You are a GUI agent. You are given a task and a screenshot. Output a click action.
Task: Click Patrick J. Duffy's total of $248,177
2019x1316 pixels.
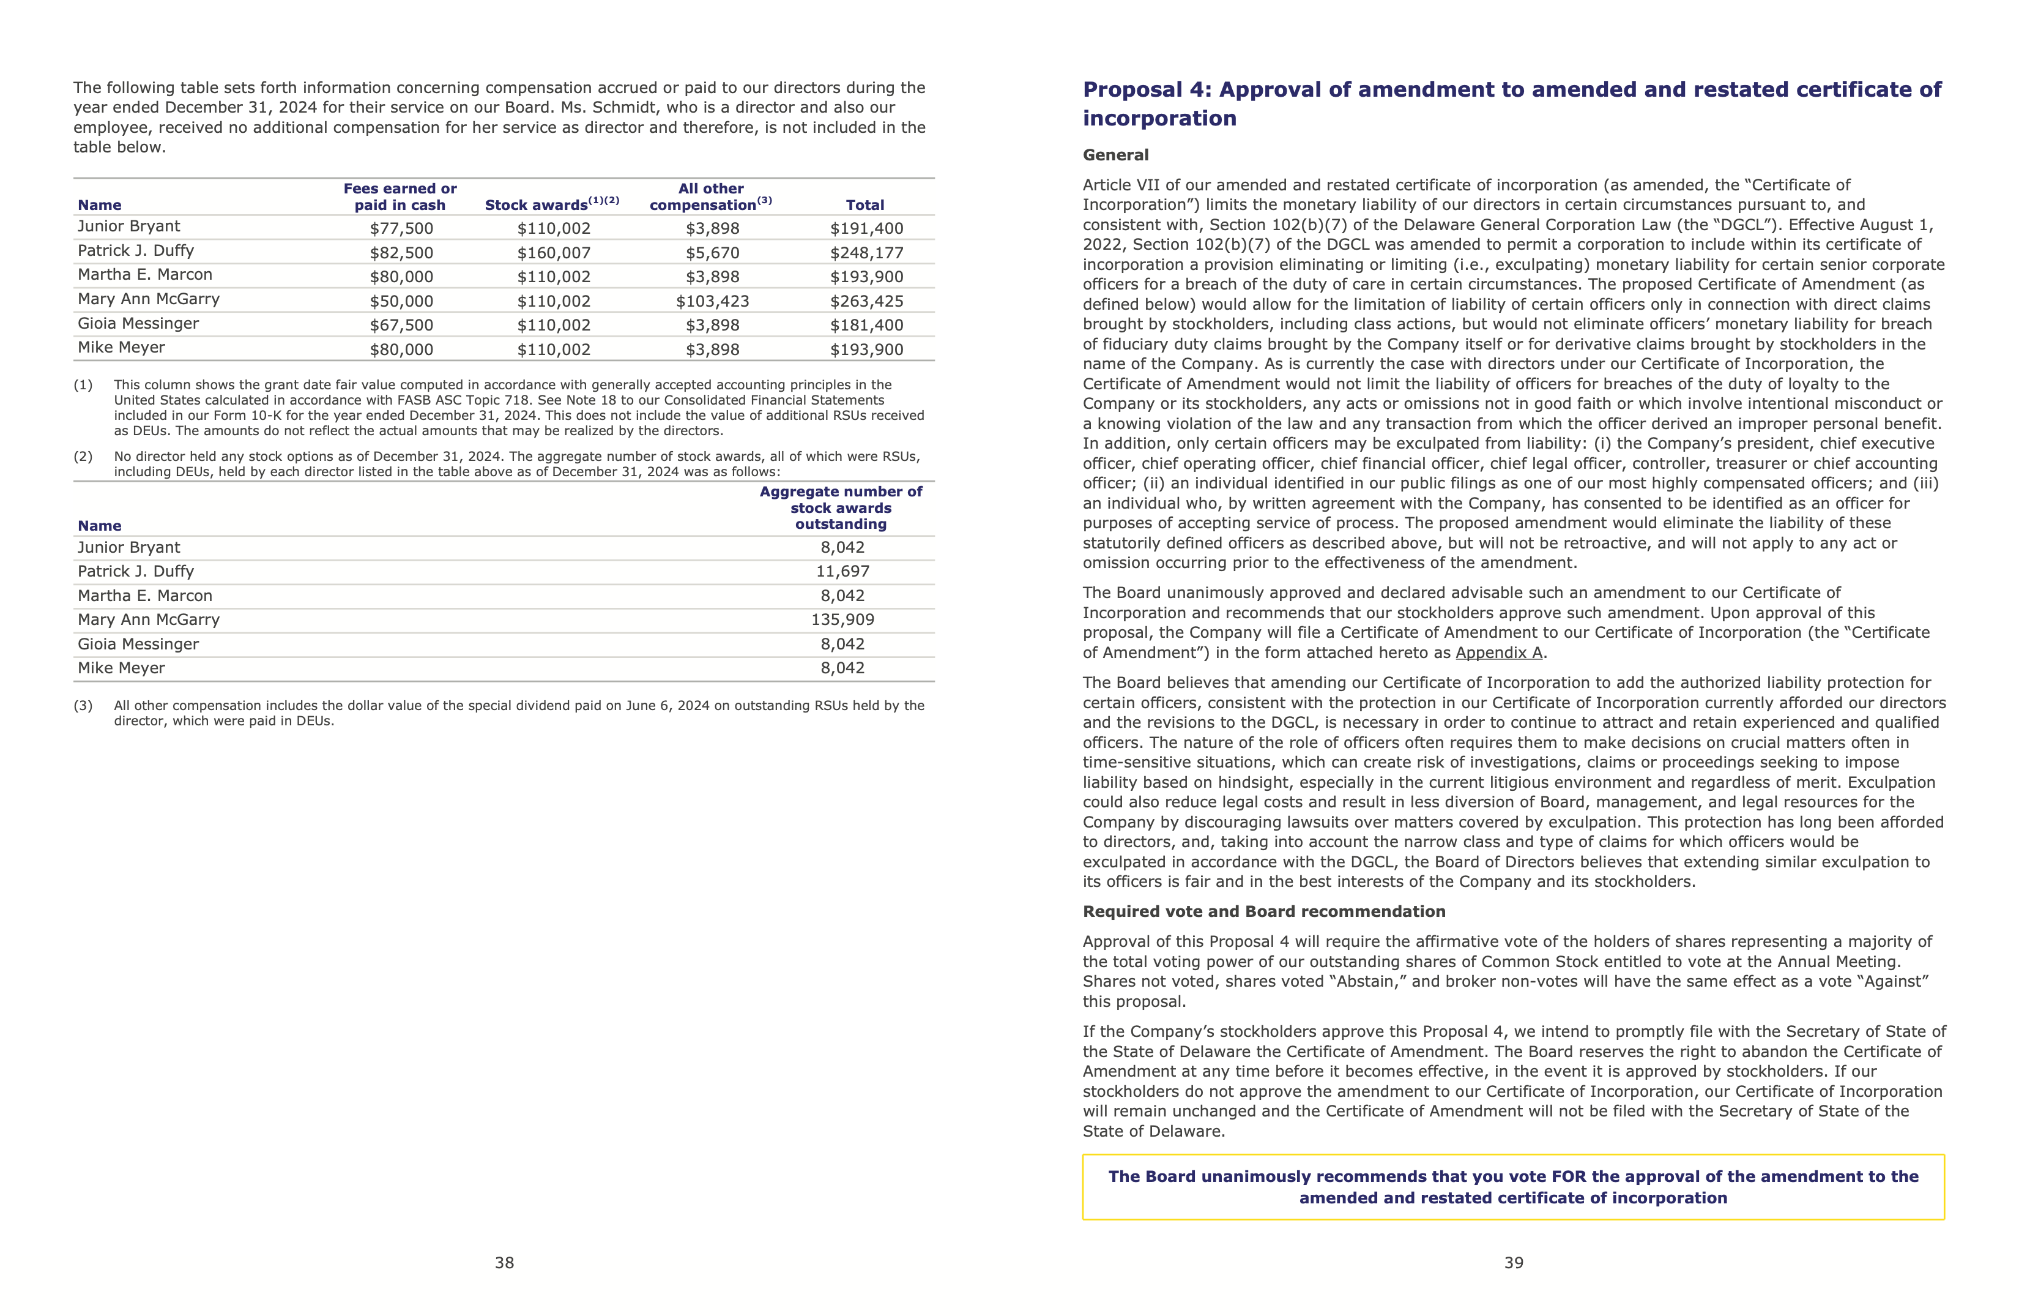click(866, 253)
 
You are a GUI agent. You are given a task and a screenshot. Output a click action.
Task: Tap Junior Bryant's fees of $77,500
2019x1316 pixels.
click(401, 228)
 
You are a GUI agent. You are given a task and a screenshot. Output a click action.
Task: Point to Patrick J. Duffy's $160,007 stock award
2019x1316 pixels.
click(553, 253)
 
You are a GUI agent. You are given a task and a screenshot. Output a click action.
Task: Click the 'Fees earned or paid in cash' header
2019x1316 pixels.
click(400, 197)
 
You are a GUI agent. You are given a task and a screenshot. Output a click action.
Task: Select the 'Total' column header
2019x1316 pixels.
click(864, 205)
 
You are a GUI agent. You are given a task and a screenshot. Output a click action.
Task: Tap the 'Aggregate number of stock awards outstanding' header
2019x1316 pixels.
click(840, 507)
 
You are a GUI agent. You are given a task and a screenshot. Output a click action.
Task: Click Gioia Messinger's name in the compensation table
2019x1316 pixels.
click(138, 323)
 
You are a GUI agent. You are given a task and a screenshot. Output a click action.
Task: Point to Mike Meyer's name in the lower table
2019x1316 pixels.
click(121, 668)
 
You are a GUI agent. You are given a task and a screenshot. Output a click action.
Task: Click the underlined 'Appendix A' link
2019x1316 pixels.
click(1498, 652)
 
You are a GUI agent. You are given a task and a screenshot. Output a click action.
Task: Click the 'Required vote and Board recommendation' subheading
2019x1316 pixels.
click(1263, 911)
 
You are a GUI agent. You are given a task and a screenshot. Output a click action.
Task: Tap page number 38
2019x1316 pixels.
click(504, 1263)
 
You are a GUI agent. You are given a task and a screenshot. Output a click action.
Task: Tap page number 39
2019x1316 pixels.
click(1514, 1263)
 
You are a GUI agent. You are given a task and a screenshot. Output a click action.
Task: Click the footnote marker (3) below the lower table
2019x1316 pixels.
click(83, 706)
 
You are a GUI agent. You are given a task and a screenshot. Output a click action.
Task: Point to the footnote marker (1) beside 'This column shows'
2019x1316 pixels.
click(83, 385)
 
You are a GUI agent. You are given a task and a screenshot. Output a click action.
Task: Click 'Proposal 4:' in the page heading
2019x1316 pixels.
click(1147, 90)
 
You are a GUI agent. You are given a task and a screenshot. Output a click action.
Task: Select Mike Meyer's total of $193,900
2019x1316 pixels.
click(866, 350)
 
